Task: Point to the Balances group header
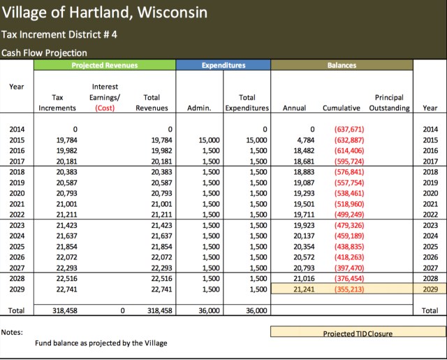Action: tap(342, 65)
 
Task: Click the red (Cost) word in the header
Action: tap(104, 108)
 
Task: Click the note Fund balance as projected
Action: tap(101, 343)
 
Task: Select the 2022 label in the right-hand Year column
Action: tap(430, 214)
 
